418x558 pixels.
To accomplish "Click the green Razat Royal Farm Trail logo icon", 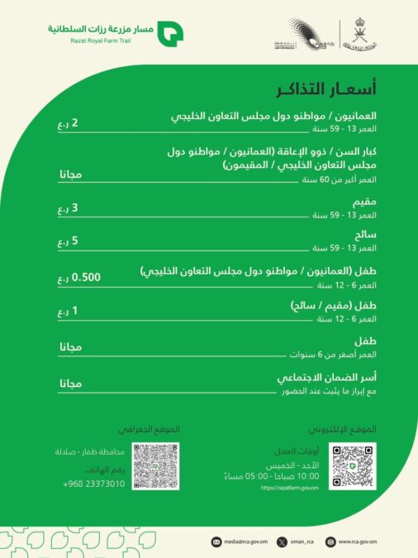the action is [x=171, y=33].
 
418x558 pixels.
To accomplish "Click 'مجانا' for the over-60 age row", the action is [x=71, y=174].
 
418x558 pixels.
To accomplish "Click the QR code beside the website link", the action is [x=351, y=465].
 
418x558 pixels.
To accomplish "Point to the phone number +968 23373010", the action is [x=93, y=484].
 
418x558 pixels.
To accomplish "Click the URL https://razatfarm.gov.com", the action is [x=289, y=488].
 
